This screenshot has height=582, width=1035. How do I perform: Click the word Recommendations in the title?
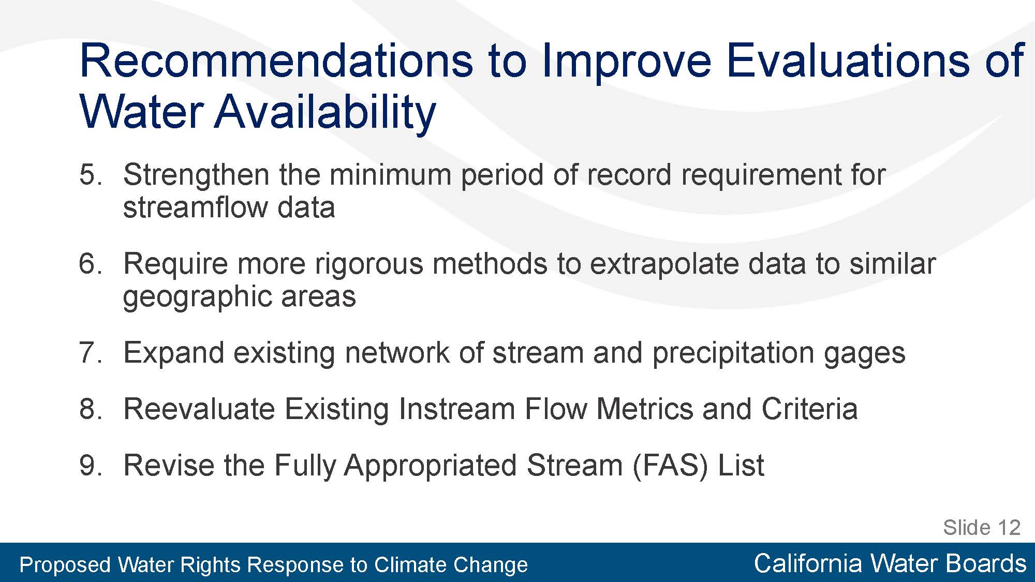click(276, 61)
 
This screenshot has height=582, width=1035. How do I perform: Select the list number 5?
click(91, 174)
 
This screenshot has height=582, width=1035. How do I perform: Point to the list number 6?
click(91, 263)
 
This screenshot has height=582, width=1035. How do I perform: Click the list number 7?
click(91, 353)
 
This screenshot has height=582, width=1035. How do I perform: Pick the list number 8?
click(91, 409)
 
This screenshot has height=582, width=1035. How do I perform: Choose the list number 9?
click(91, 465)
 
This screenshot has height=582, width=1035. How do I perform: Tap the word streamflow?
click(195, 207)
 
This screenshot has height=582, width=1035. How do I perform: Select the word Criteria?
click(809, 409)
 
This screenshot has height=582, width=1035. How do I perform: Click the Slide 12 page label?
click(982, 528)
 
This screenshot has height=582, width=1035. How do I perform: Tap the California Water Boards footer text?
click(890, 563)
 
